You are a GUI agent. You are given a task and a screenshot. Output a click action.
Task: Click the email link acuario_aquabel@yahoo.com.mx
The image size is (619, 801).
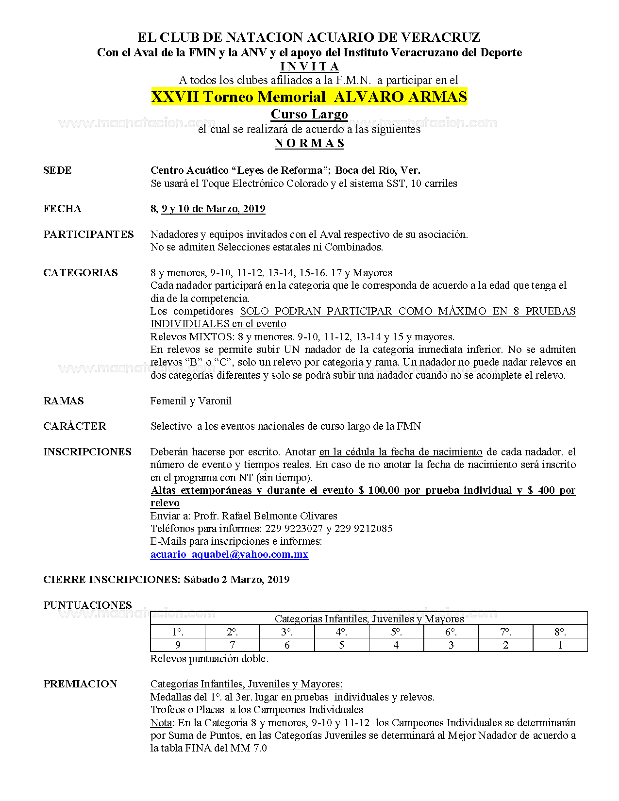(229, 554)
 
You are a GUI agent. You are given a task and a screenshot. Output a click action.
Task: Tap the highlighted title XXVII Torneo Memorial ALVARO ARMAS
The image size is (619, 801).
(309, 97)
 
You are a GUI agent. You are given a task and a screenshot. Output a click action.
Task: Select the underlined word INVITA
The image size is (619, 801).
(309, 67)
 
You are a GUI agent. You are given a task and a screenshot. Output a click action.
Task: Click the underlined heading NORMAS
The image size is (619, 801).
(309, 143)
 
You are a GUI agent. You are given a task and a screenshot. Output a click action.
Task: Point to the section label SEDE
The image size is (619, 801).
(57, 170)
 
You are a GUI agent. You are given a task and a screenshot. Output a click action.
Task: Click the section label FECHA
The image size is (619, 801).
(62, 209)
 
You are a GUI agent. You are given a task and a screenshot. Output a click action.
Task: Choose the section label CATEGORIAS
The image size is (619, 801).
(81, 273)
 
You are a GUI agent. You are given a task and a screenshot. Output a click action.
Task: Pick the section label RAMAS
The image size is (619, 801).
(64, 401)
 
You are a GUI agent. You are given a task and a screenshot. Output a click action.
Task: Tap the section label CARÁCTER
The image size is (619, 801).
(75, 426)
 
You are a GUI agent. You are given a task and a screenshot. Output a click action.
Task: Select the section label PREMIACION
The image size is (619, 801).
(80, 684)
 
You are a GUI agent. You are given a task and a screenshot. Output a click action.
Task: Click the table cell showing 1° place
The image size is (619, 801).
(178, 632)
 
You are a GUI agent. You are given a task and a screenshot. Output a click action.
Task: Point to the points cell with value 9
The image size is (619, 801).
(178, 645)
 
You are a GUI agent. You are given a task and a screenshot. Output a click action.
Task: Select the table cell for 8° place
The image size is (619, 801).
(560, 632)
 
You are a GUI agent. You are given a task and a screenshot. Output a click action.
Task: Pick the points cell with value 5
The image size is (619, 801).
(342, 645)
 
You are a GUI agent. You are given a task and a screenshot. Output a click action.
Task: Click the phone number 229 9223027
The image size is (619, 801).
(294, 529)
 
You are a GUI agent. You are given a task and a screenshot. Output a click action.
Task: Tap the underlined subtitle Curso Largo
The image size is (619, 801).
(309, 114)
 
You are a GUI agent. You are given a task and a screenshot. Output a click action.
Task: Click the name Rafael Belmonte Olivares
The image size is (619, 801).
(279, 516)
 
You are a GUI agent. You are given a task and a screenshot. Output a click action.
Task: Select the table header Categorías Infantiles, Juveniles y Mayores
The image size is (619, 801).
(369, 618)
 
